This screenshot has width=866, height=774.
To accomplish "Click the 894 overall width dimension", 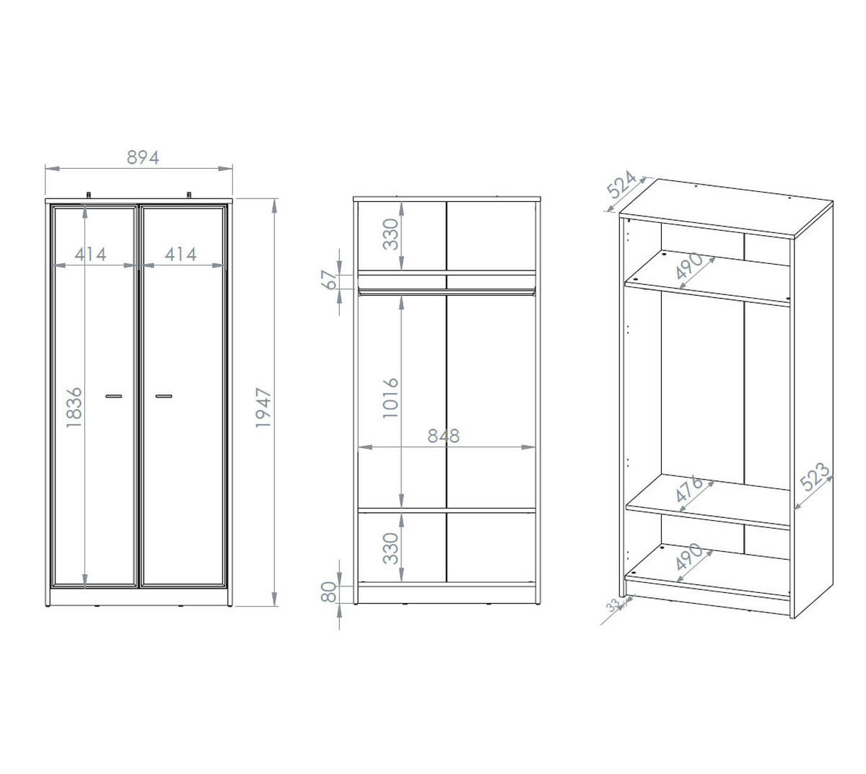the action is click(143, 158).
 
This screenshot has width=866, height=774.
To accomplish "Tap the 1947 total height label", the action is click(263, 408).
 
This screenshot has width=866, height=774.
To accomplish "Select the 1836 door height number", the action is click(74, 408).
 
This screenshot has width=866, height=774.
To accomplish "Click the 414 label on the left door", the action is click(90, 255).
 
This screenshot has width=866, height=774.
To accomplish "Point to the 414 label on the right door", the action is click(180, 255).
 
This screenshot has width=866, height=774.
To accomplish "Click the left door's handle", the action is click(114, 396).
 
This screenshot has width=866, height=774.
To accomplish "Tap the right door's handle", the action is click(164, 396).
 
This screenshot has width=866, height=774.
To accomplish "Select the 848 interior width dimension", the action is click(443, 436).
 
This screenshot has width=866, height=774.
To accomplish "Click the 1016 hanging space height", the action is click(390, 398).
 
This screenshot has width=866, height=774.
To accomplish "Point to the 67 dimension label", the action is click(330, 280).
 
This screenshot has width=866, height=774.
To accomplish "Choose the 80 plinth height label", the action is click(328, 592).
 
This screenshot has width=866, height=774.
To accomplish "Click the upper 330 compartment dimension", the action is click(390, 234).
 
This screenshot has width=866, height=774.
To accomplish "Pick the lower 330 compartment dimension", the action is click(390, 548).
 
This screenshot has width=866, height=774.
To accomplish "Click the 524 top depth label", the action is click(621, 185).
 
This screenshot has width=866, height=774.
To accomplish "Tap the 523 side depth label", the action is click(815, 477).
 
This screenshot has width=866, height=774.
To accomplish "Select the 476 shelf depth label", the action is click(688, 488).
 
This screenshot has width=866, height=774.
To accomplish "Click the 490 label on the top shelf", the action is click(689, 266).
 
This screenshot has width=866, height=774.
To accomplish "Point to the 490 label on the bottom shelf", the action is click(689, 556).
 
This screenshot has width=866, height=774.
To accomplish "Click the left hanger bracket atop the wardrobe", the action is click(89, 195).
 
